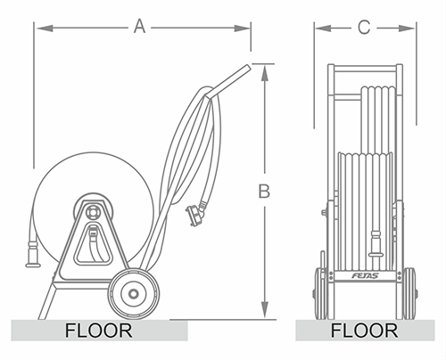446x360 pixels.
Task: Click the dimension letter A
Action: point(139,26)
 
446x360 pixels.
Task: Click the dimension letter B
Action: point(264,191)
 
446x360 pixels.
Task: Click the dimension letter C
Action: point(364,28)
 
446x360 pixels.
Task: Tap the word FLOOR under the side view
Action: point(99,331)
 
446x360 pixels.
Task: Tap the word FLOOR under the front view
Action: point(365,331)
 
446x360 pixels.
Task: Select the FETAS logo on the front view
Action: point(365,275)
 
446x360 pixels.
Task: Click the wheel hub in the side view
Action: point(133,294)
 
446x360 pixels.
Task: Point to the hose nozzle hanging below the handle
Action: point(196,211)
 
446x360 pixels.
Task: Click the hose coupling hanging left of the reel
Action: point(33,254)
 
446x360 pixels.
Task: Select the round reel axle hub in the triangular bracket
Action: point(92,213)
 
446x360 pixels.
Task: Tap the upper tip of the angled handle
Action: point(248,67)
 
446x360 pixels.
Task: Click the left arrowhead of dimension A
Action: point(45,29)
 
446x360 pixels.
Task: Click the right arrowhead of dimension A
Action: point(242,29)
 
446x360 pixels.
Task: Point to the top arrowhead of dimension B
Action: point(265,73)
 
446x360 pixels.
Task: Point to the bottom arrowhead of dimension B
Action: point(265,310)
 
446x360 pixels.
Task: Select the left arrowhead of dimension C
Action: point(323,29)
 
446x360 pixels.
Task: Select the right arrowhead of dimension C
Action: point(406,29)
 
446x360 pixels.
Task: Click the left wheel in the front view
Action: point(320,293)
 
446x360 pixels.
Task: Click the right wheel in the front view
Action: point(409,293)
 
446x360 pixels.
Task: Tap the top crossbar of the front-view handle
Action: point(365,70)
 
